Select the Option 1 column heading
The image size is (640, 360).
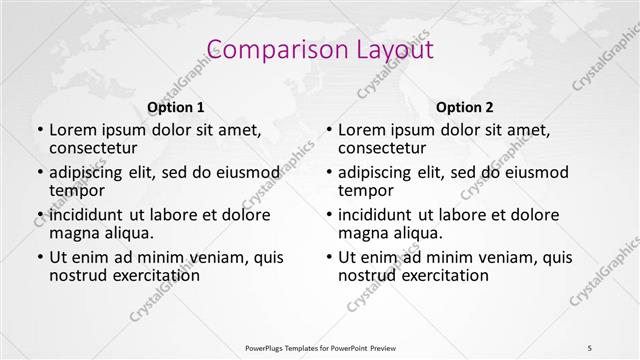pyautogui.click(x=176, y=107)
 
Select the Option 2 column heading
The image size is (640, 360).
pyautogui.click(x=465, y=107)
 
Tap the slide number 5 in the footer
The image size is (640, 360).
pyautogui.click(x=590, y=347)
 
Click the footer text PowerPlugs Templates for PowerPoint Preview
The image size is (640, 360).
pyautogui.click(x=320, y=347)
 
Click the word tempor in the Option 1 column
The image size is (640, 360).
pyautogui.click(x=77, y=190)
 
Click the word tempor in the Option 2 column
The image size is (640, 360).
pyautogui.click(x=366, y=190)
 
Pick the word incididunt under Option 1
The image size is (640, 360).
pyautogui.click(x=86, y=215)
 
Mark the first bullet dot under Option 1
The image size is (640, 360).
pyautogui.click(x=40, y=131)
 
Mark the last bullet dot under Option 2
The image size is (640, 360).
pyautogui.click(x=329, y=257)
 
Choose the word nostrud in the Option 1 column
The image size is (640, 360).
pyautogui.click(x=76, y=275)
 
